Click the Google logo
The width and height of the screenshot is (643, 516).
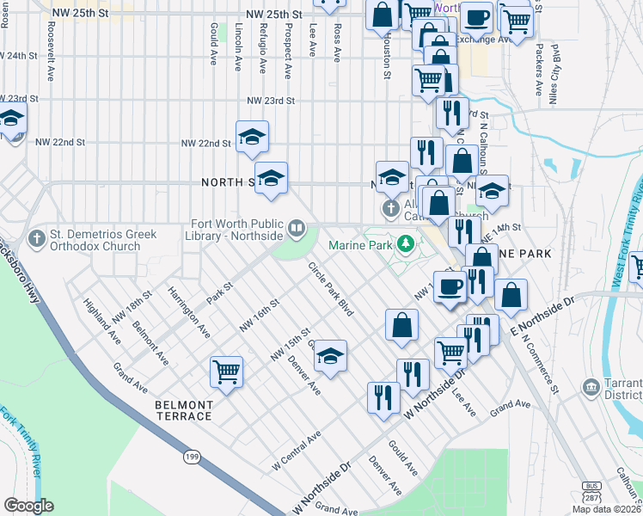click(x=28, y=506)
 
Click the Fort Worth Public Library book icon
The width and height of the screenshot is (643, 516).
click(x=296, y=228)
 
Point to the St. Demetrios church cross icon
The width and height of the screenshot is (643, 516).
click(x=37, y=237)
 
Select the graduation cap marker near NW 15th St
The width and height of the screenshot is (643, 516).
click(x=329, y=355)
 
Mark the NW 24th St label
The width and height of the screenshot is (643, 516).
click(x=20, y=55)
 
